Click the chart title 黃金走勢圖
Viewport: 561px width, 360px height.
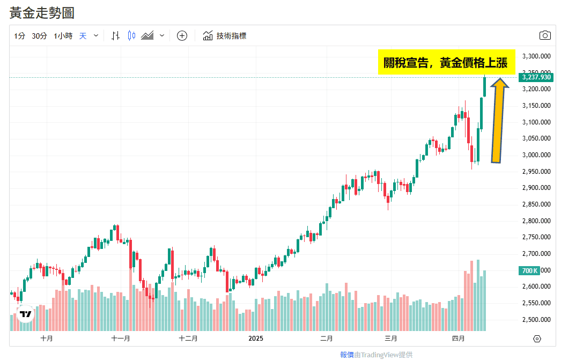tap(42, 13)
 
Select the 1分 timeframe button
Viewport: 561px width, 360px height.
tap(19, 36)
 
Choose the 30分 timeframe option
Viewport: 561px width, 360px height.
tap(39, 36)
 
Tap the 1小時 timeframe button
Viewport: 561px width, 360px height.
tap(63, 36)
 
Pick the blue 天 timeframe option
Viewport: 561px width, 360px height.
tap(83, 36)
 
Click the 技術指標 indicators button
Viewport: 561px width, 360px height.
tap(225, 36)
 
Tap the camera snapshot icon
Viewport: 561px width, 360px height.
tap(545, 36)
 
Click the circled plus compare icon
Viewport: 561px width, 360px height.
tap(182, 36)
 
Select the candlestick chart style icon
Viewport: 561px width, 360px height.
tap(131, 36)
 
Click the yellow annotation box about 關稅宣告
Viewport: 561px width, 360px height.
tap(446, 63)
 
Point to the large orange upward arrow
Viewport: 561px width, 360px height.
tap(498, 121)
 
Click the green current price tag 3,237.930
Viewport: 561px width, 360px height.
tap(536, 77)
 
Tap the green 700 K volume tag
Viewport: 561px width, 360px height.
tap(529, 271)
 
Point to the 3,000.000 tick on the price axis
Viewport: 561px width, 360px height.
tap(536, 155)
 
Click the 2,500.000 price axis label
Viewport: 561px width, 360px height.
tap(536, 320)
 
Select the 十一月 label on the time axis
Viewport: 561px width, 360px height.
tap(121, 339)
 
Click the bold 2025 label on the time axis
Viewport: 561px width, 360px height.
tap(256, 339)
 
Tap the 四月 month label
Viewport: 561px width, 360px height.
tap(458, 339)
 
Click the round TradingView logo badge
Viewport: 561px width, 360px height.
tap(25, 314)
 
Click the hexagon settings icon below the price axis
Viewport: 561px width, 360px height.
tap(537, 339)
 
